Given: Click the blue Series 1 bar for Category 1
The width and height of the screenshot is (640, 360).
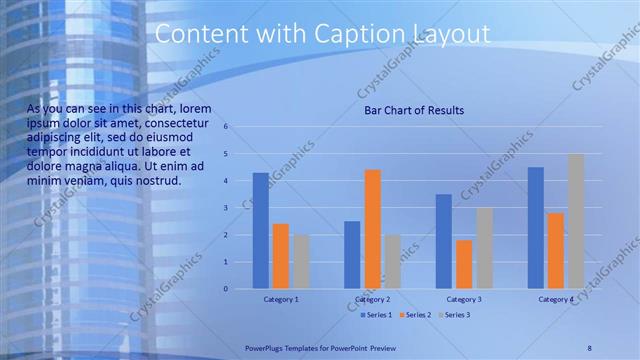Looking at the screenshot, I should (x=261, y=231).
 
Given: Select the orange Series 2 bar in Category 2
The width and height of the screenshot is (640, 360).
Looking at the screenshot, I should (x=372, y=229).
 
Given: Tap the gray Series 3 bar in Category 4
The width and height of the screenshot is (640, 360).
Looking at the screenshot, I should (x=576, y=221).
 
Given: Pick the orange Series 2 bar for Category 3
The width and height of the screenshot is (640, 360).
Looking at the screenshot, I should (x=464, y=264).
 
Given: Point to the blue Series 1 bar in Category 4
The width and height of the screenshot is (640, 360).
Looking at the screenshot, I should (x=536, y=228).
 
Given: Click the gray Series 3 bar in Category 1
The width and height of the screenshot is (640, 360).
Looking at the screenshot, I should (x=301, y=262).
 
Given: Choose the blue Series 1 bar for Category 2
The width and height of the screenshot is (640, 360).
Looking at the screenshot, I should (x=352, y=255).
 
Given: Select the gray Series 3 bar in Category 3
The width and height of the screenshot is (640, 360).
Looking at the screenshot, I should (x=484, y=248).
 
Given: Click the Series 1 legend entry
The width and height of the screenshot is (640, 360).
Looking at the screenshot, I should (x=378, y=315).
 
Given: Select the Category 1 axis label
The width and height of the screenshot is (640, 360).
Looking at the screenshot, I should (x=281, y=299).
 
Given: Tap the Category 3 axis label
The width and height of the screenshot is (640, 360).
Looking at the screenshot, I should (x=464, y=299).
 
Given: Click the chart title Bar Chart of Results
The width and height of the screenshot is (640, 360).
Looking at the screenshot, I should (x=413, y=110).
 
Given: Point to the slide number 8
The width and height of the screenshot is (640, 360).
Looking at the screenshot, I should (x=589, y=347).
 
